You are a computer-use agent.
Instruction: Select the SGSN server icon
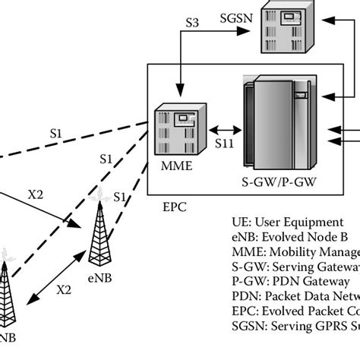(x=286, y=30)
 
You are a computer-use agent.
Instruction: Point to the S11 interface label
(x=225, y=142)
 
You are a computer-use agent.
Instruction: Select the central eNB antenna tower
(x=99, y=232)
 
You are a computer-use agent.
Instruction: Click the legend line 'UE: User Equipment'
(x=288, y=223)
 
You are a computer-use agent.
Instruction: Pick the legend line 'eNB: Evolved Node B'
(x=292, y=238)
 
